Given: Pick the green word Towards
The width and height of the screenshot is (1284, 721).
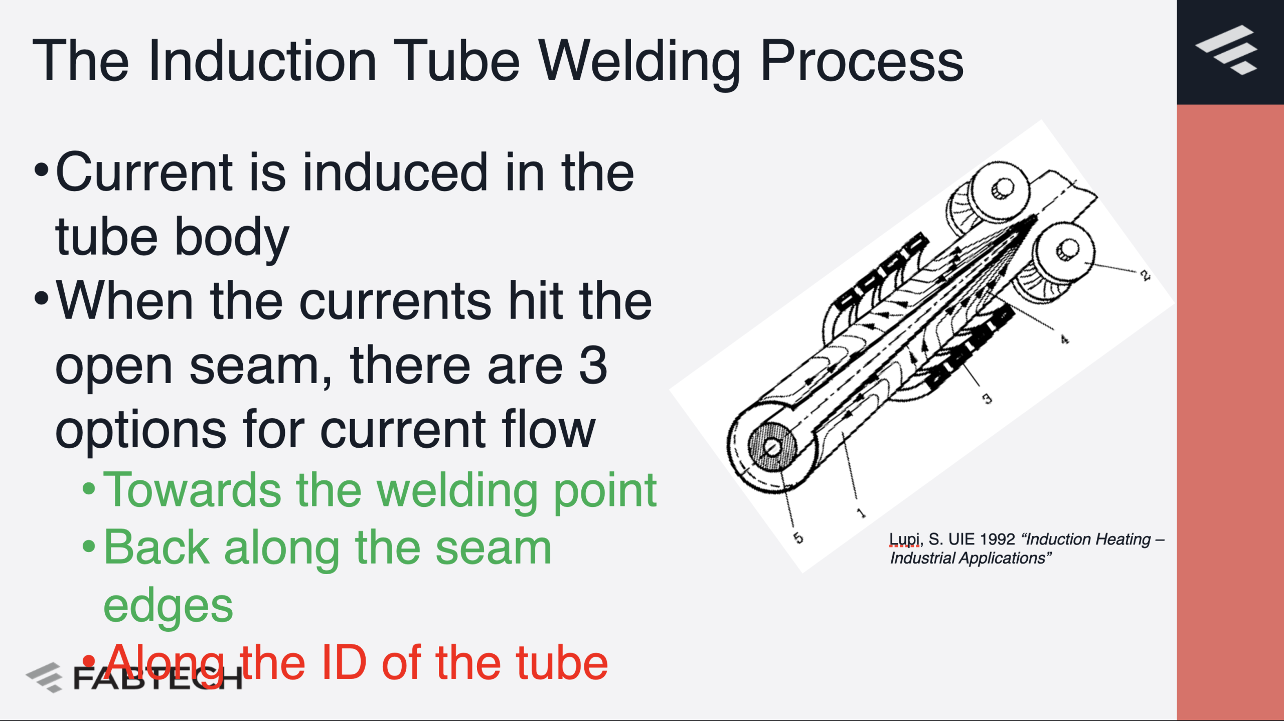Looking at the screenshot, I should click(192, 490).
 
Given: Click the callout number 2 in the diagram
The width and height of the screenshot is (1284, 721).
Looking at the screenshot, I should click(1145, 275).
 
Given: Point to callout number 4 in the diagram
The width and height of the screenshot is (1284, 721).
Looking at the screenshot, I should click(1064, 340).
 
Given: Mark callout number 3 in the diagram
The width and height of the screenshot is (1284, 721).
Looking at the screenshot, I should click(987, 399).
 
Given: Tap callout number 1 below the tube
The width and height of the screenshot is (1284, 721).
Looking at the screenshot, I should click(861, 513).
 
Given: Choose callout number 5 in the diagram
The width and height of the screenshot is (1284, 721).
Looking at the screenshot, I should click(798, 538).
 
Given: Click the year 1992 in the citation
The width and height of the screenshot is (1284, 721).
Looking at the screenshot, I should click(997, 539).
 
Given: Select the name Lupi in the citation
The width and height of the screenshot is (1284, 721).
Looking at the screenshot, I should click(904, 539).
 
